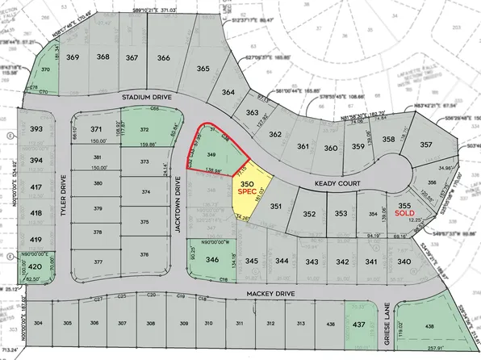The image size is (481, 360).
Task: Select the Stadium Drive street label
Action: [x=148, y=96]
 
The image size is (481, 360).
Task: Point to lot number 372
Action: [x=144, y=129]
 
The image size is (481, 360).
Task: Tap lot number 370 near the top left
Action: [x=45, y=70]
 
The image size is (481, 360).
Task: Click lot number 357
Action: [x=425, y=144]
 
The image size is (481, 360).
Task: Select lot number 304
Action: [x=37, y=324]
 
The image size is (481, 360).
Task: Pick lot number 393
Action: [x=36, y=129]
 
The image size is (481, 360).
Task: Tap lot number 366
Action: [x=163, y=57]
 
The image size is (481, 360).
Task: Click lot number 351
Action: [x=275, y=207]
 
